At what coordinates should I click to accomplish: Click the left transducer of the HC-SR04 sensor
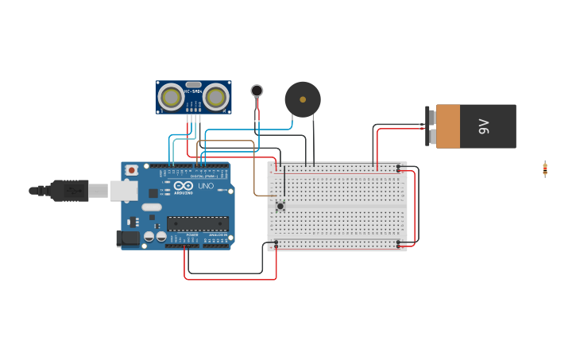[x=171, y=97]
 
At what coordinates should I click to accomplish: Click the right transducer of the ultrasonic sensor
[x=215, y=97]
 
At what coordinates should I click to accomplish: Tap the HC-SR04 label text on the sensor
[x=193, y=91]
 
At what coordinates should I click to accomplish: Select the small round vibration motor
[x=257, y=91]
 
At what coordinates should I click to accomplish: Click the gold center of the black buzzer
[x=303, y=99]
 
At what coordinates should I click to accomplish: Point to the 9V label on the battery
[x=483, y=126]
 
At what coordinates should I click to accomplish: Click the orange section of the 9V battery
[x=448, y=126]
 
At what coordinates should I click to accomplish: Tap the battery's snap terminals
[x=431, y=126]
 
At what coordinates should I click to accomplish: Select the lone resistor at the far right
[x=545, y=168]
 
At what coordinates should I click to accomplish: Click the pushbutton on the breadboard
[x=280, y=206]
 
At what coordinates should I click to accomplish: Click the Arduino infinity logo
[x=184, y=185]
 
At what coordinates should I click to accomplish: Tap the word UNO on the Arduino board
[x=206, y=186]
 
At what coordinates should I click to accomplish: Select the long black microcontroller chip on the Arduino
[x=197, y=223]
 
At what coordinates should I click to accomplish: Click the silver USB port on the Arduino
[x=123, y=190]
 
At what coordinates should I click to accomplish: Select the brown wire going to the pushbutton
[x=254, y=171]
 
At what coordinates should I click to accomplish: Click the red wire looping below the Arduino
[x=230, y=279]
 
